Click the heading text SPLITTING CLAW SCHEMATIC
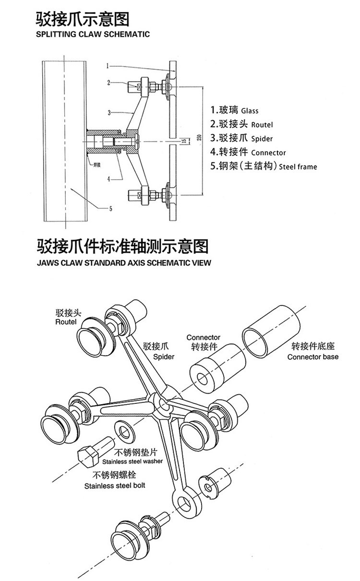(93, 34)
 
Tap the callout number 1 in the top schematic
(108, 65)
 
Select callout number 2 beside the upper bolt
(109, 83)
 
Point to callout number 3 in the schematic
(109, 112)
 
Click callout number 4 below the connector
(109, 179)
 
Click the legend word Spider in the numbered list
(262, 138)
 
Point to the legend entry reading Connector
(268, 153)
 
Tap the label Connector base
(312, 357)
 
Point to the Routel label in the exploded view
(66, 322)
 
